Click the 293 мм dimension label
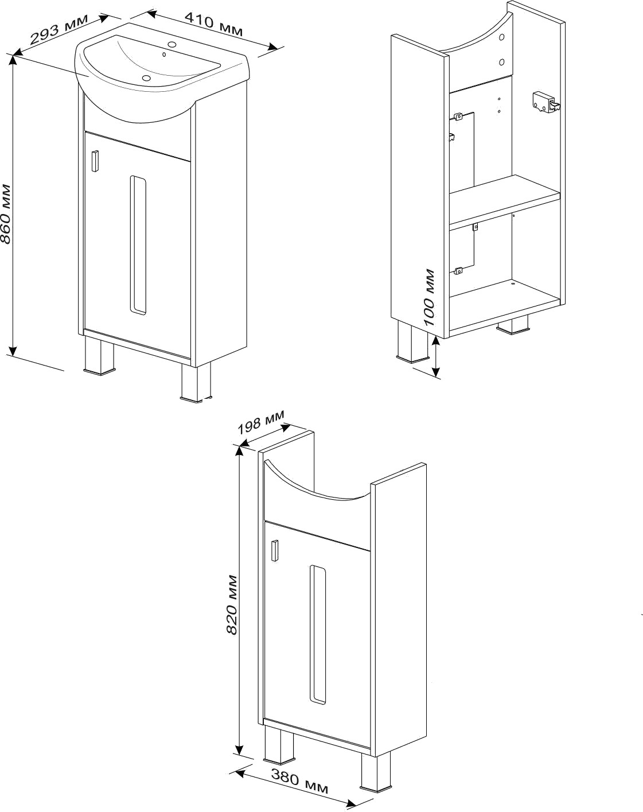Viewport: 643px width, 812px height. (59, 29)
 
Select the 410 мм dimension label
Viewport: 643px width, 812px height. (213, 25)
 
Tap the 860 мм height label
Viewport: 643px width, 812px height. (7, 213)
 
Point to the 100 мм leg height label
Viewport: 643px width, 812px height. (428, 297)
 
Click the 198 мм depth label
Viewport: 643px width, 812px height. (260, 422)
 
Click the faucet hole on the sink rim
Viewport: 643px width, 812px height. (173, 44)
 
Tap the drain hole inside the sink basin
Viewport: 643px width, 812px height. (145, 78)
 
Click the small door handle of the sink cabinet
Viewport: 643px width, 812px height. (95, 161)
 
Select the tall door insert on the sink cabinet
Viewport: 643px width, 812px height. (138, 244)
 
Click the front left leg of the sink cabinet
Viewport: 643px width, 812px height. (99, 355)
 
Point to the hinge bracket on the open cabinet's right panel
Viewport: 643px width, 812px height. (545, 102)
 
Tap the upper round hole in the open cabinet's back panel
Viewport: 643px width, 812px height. (501, 37)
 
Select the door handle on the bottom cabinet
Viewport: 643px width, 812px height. (275, 550)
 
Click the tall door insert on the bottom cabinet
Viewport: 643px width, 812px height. (318, 634)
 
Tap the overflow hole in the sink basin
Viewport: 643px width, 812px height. (164, 55)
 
